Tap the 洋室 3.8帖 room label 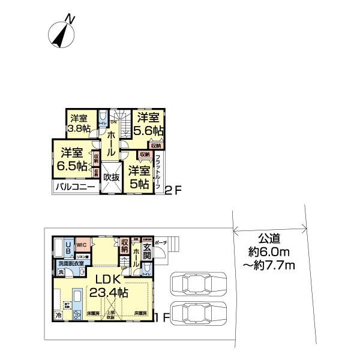coord(79,123)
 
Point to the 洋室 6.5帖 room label coord(71,158)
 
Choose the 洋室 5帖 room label coord(139,177)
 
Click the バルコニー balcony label coord(75,187)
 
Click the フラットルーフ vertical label coord(158,170)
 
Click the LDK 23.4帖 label coord(109,286)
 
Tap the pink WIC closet coord(82,245)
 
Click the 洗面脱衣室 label coord(71,264)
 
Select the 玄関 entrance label coord(148,250)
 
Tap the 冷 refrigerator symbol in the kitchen coord(59,314)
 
